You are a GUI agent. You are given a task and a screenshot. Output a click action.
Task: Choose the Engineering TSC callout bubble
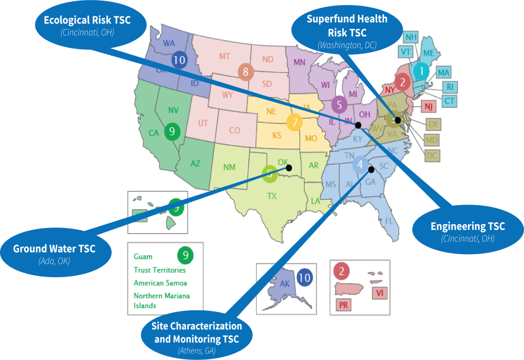467,231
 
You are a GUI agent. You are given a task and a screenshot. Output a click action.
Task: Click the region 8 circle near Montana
246,71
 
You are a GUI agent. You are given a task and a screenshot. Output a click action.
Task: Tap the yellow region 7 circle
295,122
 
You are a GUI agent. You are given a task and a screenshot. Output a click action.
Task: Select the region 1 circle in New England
421,70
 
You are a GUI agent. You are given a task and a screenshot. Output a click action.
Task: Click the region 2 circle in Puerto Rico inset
342,270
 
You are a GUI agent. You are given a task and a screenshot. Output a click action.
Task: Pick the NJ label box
429,106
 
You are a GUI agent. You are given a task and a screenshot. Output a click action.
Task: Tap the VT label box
406,52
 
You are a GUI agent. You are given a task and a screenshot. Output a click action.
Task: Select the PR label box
343,305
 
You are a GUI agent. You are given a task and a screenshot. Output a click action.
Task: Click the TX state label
271,195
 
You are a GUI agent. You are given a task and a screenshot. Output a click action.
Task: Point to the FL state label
389,221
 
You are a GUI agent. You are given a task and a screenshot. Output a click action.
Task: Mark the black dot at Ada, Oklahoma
289,168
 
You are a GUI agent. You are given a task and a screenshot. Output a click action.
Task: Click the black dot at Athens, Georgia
371,169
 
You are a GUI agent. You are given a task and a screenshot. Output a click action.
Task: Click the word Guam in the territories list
143,256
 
